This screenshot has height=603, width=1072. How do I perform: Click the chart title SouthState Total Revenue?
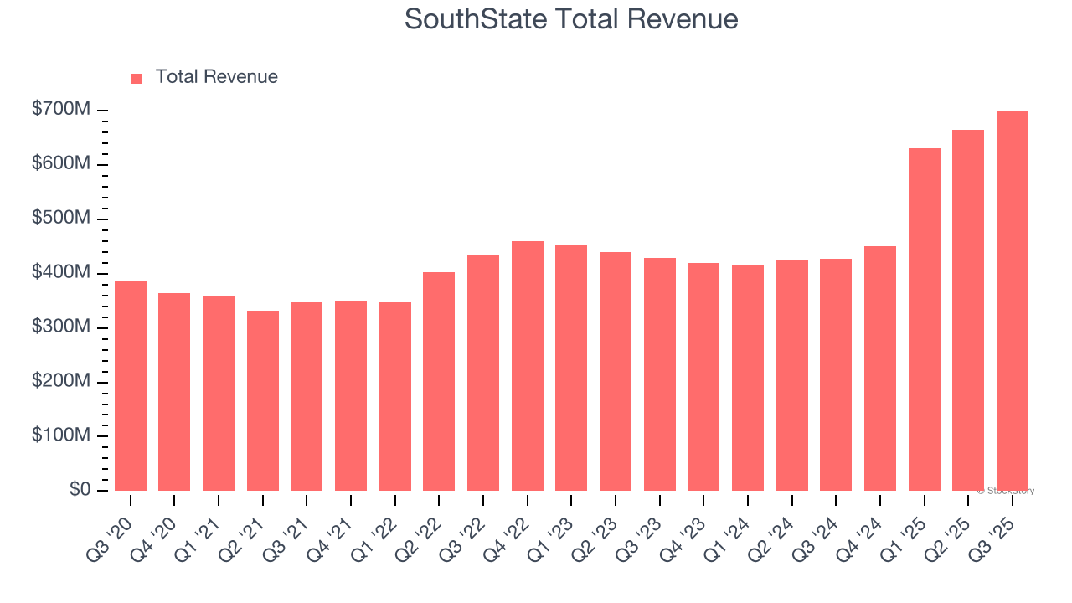(571, 19)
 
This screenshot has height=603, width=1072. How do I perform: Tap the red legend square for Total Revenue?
(137, 78)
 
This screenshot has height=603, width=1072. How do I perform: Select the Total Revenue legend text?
(216, 77)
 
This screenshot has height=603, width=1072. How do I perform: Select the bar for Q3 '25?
(1012, 301)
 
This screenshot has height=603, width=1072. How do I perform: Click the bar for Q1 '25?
(924, 320)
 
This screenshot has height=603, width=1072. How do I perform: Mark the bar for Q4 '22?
(528, 366)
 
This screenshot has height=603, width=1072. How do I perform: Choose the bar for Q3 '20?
(131, 386)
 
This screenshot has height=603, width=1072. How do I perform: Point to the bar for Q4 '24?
(879, 368)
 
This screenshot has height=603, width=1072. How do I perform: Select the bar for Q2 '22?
(439, 381)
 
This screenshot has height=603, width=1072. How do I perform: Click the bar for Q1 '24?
(748, 378)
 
